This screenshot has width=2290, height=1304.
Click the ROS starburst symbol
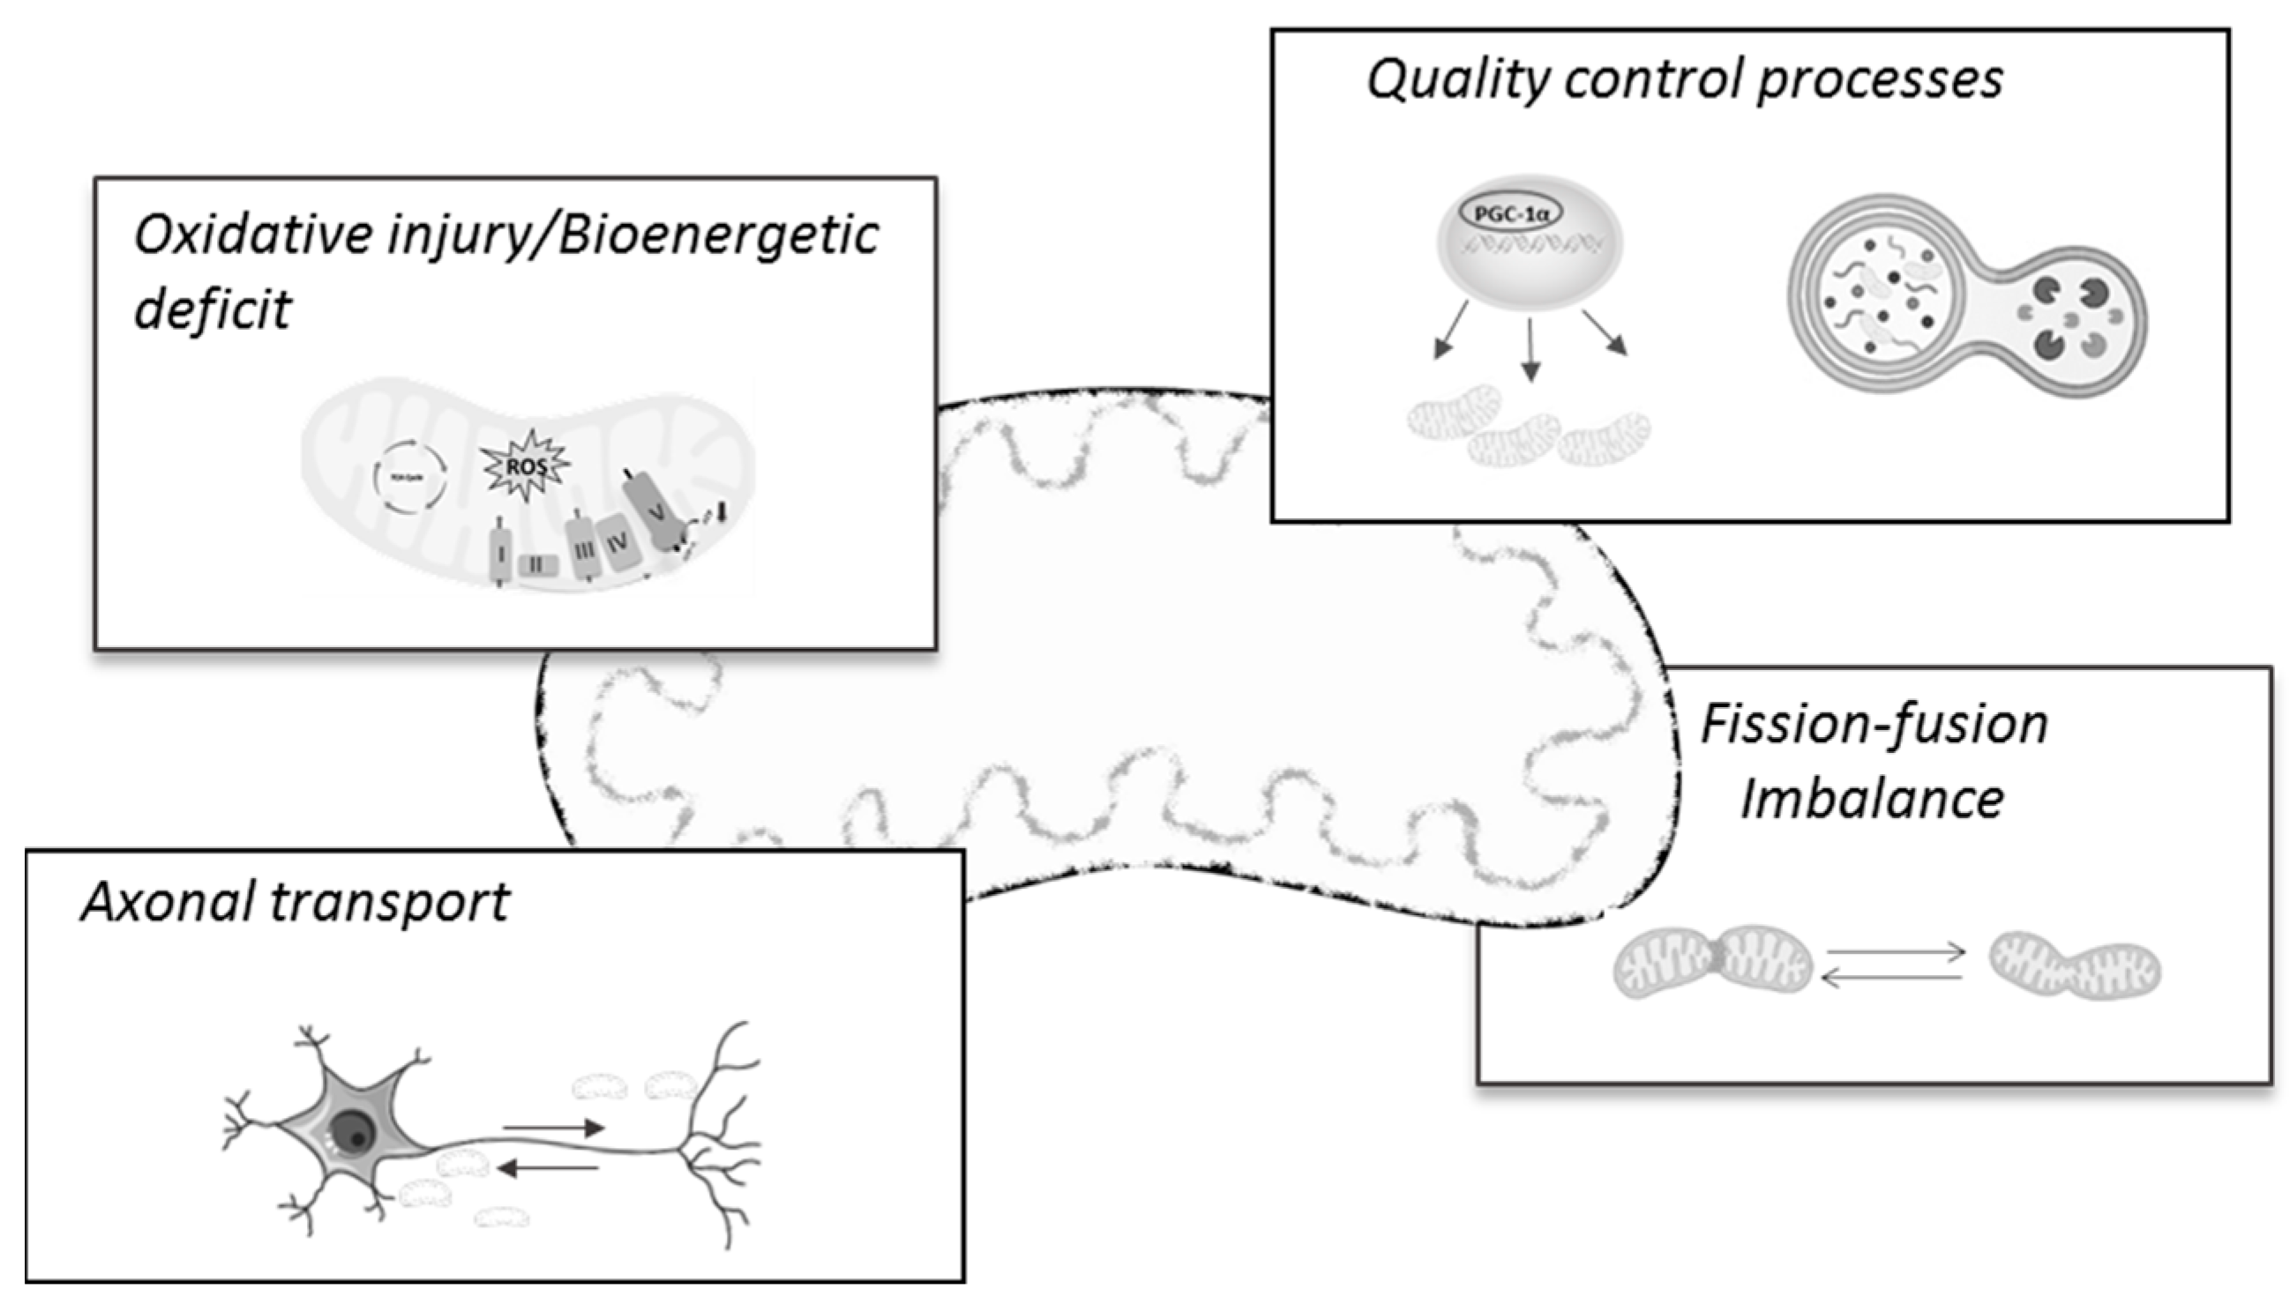(526, 465)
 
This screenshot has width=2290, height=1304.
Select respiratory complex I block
(501, 553)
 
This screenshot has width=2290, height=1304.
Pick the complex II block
(537, 565)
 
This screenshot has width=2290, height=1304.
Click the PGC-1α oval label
(1511, 215)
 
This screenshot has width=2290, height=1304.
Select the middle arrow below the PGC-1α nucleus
(1530, 349)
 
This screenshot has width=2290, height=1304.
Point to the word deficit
(213, 309)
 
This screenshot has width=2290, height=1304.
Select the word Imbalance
(1871, 799)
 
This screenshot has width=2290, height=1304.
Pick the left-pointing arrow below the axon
(548, 1168)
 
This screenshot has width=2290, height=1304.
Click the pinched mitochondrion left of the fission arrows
(1712, 962)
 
